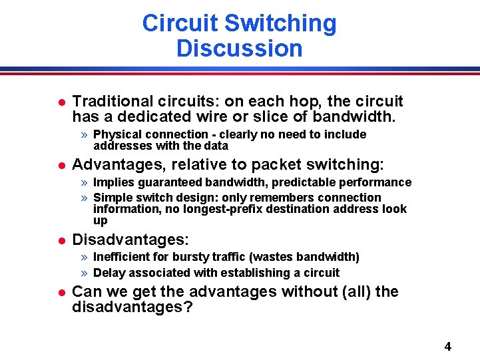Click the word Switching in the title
[x=280, y=24]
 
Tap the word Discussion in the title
[x=240, y=49]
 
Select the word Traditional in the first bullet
[x=112, y=101]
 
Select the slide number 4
[x=447, y=346]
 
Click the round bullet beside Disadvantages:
[x=60, y=240]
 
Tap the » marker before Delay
[x=84, y=273]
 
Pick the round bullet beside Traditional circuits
[x=60, y=102]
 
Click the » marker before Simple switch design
[x=84, y=198]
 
